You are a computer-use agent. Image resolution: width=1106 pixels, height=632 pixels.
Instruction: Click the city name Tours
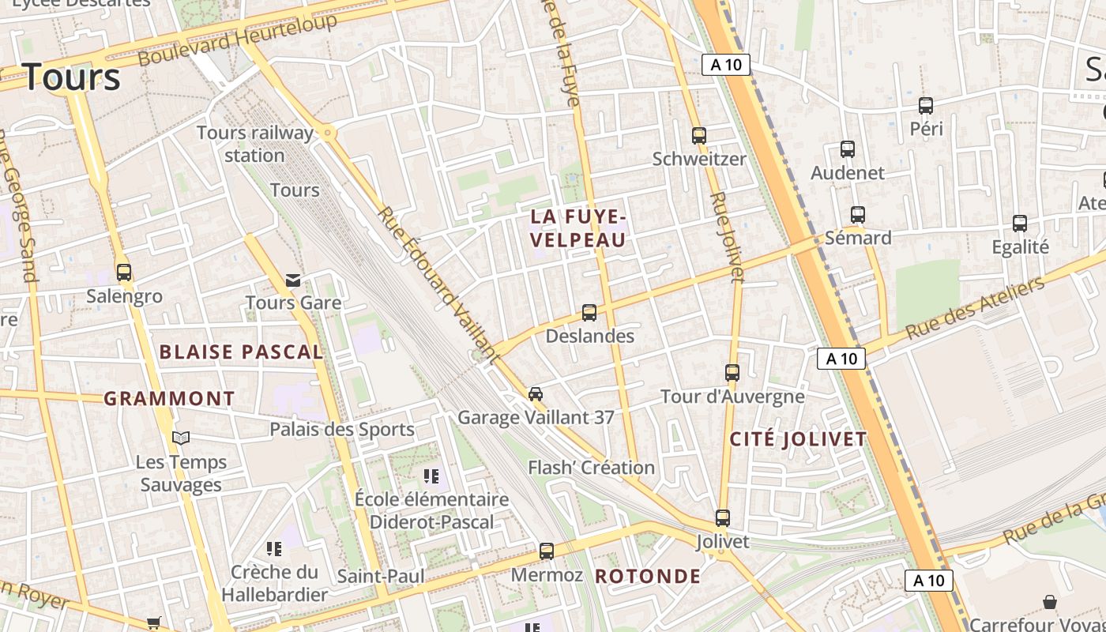point(72,77)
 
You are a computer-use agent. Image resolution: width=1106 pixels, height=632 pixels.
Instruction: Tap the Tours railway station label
point(254,144)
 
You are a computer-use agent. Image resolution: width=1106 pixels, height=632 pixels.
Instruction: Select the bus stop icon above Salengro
point(124,273)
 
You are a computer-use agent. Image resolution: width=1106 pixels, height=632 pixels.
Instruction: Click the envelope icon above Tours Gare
point(293,280)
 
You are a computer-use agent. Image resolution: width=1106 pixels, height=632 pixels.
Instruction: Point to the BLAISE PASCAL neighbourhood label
point(242,352)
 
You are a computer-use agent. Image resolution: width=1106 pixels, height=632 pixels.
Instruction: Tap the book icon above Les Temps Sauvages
point(181,438)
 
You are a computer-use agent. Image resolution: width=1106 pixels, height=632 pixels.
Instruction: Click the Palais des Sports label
point(342,430)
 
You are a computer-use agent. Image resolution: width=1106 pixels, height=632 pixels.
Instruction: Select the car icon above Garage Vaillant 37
point(536,393)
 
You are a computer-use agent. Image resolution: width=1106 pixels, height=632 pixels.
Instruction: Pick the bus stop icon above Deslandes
point(589,313)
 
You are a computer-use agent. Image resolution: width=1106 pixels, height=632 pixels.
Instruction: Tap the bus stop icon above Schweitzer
point(699,136)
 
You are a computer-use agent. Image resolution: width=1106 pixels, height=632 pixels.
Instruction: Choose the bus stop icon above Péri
point(926,106)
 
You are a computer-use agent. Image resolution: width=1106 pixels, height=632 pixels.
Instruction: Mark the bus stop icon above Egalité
point(1020,224)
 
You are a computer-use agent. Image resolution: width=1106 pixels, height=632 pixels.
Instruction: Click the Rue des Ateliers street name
point(975,309)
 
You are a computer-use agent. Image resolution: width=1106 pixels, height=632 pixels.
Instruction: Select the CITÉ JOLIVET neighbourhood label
point(798,440)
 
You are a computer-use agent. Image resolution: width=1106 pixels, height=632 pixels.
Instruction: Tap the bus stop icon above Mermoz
point(547,551)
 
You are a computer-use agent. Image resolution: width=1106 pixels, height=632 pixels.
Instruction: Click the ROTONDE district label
point(648,577)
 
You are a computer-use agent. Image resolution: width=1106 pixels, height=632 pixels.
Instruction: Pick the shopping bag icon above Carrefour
point(1050,602)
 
